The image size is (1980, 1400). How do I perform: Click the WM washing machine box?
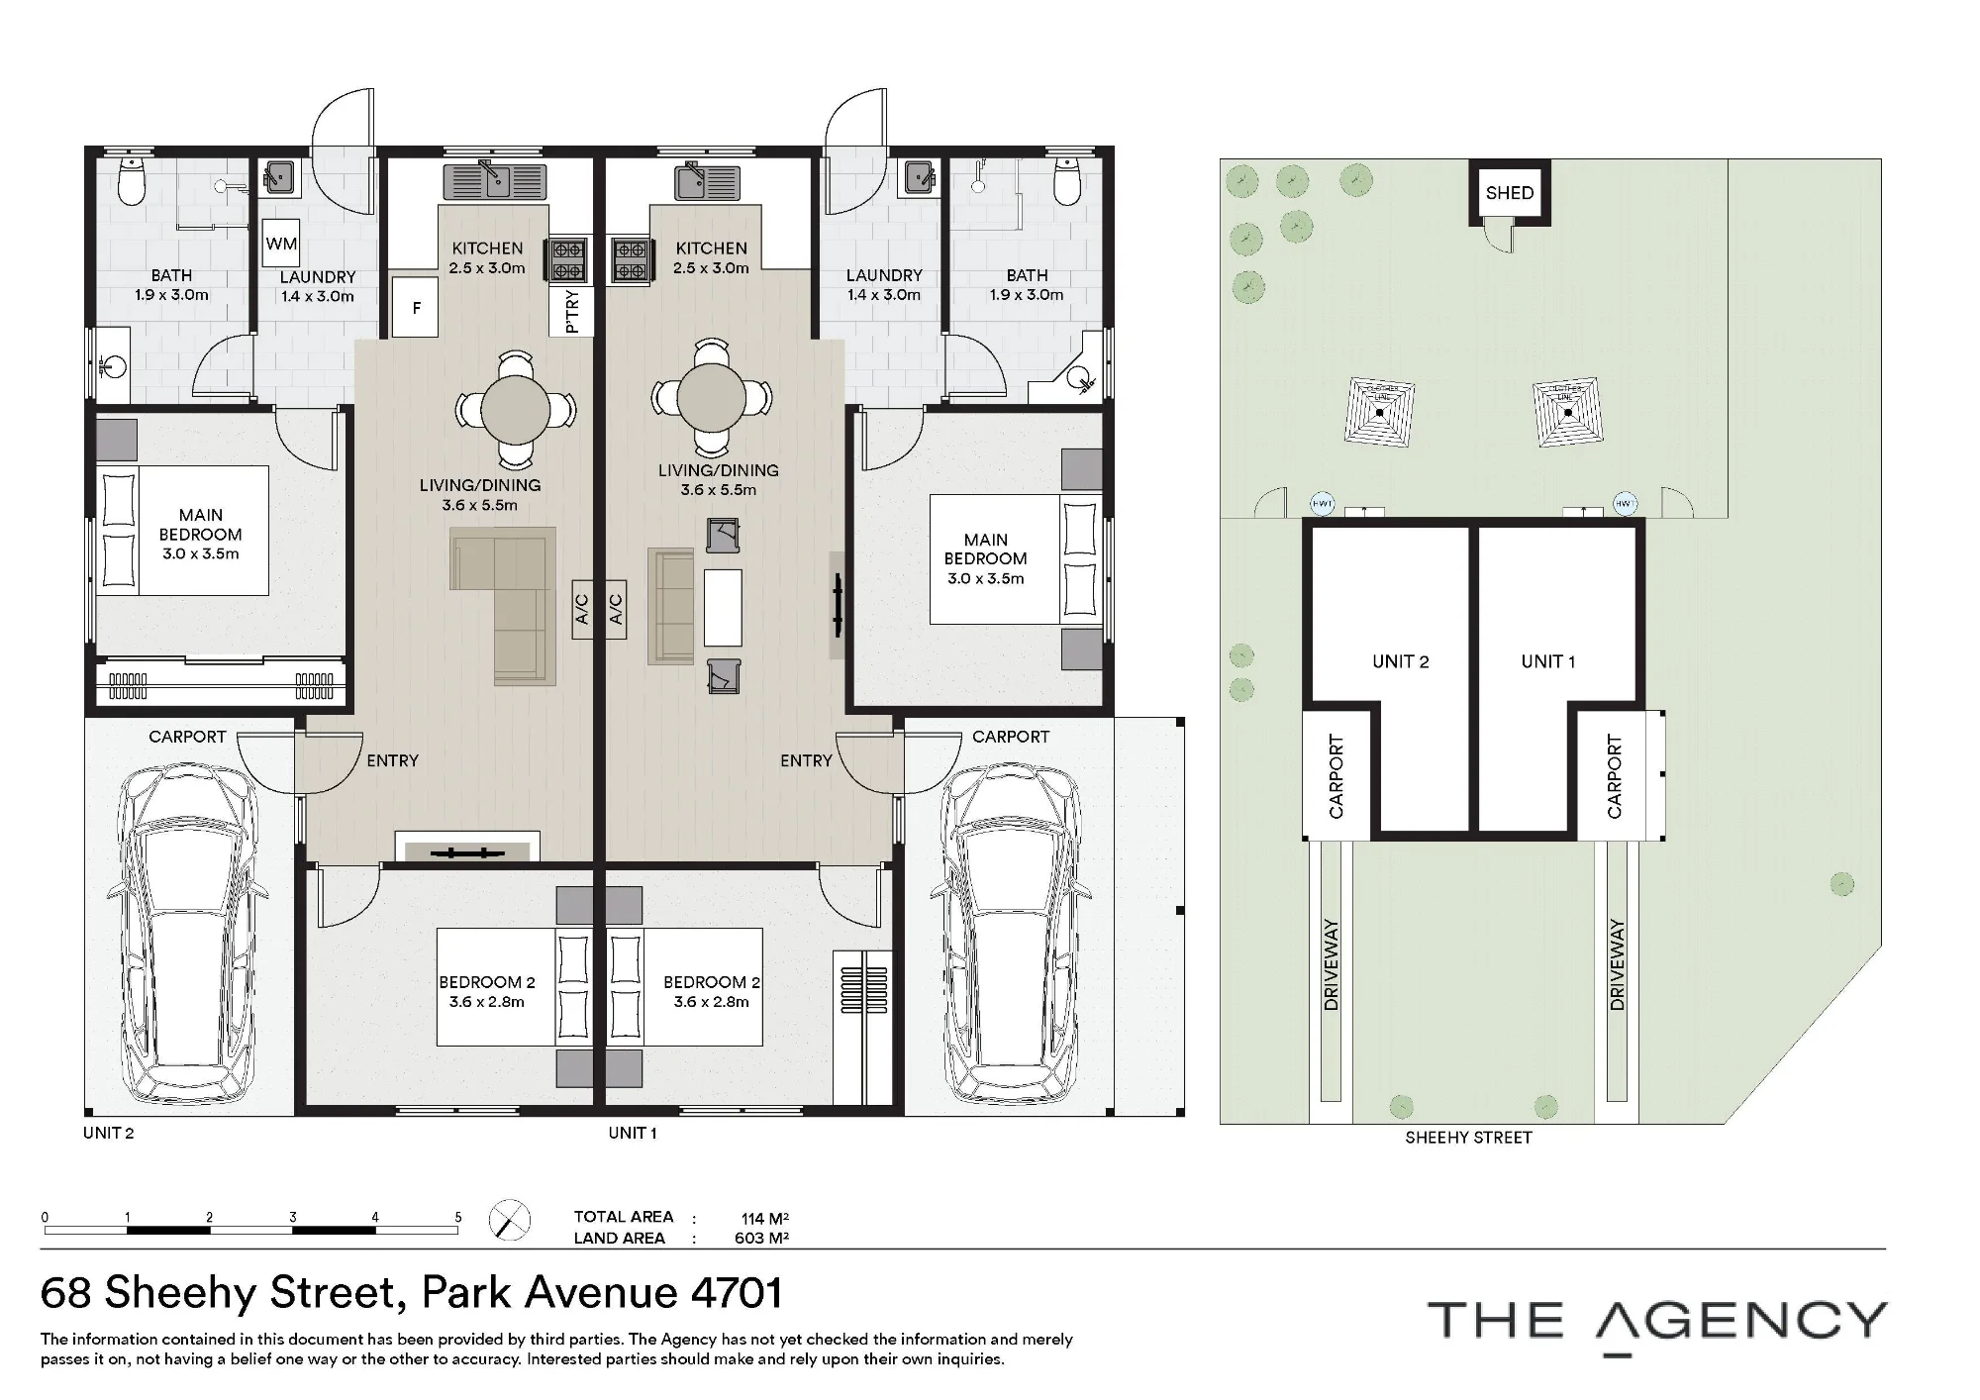coord(281,244)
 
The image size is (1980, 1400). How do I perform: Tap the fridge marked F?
coord(416,308)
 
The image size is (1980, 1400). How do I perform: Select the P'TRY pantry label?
coord(571,311)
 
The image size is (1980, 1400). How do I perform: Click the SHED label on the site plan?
coord(1509,193)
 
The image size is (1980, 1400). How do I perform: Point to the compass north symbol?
coord(510,1220)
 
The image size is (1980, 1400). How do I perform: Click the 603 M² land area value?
coord(761,1238)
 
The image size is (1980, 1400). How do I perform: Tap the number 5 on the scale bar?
coord(457,1218)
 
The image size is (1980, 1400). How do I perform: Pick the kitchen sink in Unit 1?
coord(707,181)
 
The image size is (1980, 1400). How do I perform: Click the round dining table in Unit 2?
coord(516,408)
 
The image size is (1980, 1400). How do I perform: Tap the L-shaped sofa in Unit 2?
coord(503,605)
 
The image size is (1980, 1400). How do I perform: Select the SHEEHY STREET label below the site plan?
coord(1468,1138)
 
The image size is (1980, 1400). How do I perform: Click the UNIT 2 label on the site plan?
coord(1400,661)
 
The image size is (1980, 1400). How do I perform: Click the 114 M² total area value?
coord(764,1218)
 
